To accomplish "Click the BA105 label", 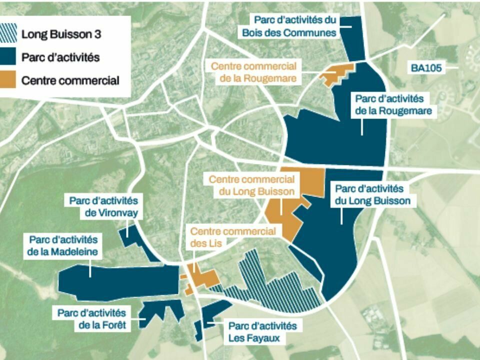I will click(426, 68).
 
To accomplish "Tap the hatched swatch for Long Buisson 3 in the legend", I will click(9, 34).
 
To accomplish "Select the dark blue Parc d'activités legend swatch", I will click(9, 57).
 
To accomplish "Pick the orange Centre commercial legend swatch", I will click(9, 79).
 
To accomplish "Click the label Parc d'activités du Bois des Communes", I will click(295, 26).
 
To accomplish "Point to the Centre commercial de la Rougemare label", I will click(253, 72).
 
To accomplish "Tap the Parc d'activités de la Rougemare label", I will click(393, 105).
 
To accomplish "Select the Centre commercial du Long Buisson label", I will click(251, 185).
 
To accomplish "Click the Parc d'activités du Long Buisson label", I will click(373, 195).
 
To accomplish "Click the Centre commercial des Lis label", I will click(232, 237).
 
